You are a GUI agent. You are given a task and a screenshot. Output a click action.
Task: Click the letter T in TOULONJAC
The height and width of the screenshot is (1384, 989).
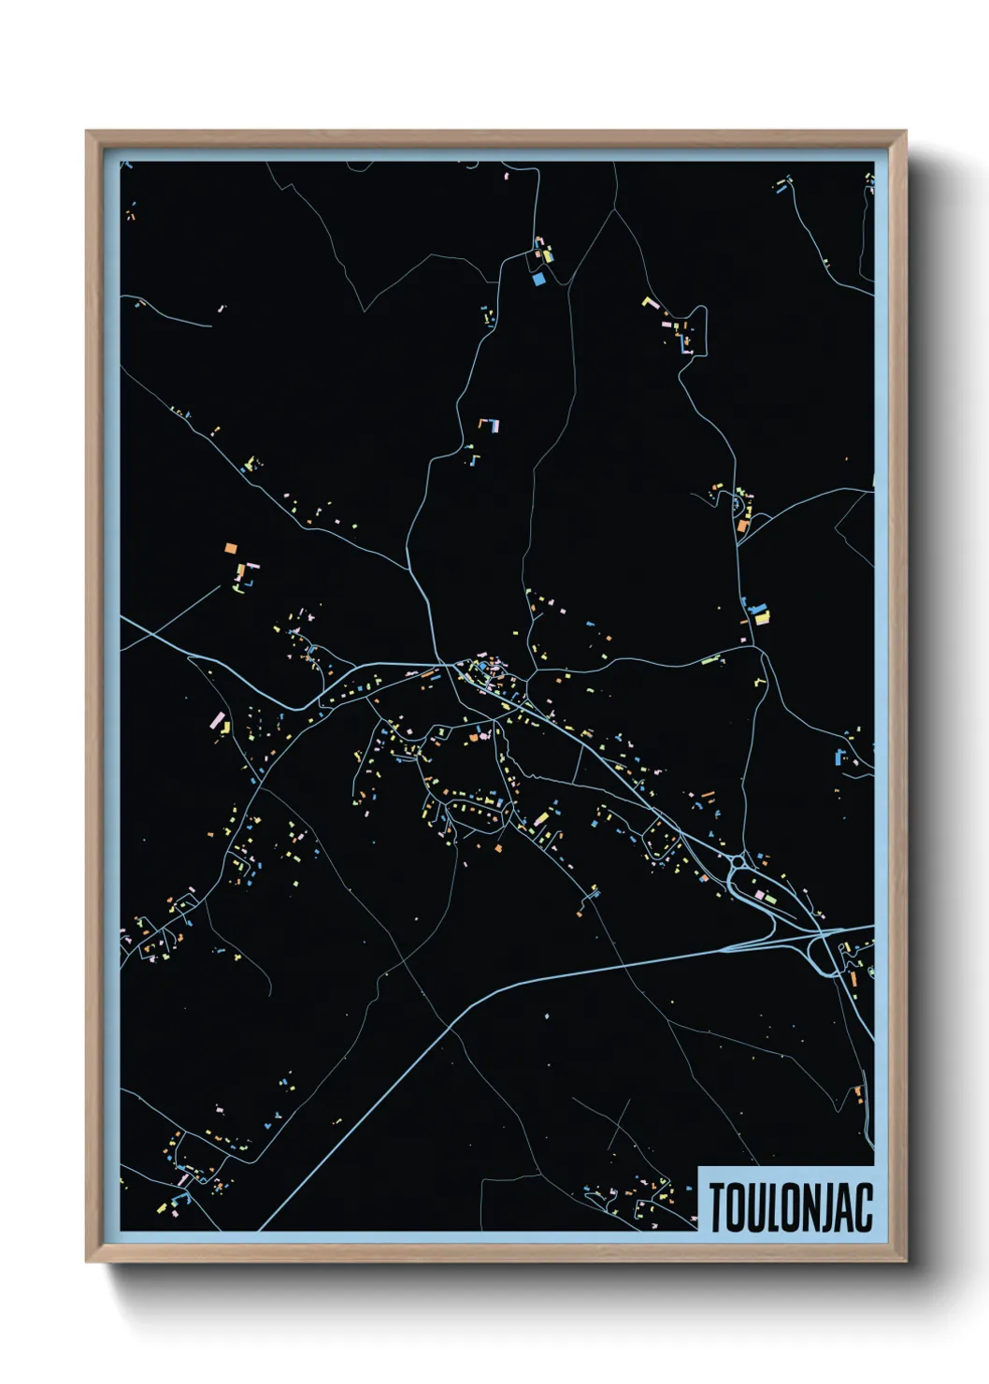(718, 1207)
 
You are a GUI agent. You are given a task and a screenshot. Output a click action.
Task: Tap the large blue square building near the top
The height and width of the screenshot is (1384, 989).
(537, 278)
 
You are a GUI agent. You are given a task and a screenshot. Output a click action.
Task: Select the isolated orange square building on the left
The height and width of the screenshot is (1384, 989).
(231, 548)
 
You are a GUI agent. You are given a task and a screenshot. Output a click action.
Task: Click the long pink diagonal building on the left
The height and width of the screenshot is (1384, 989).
(219, 721)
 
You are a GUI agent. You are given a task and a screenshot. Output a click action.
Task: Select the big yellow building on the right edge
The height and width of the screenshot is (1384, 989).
(761, 615)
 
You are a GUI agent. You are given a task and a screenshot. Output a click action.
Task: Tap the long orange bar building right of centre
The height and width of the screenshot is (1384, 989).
(708, 795)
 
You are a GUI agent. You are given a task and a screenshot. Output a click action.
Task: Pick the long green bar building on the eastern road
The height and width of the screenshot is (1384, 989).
(712, 661)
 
